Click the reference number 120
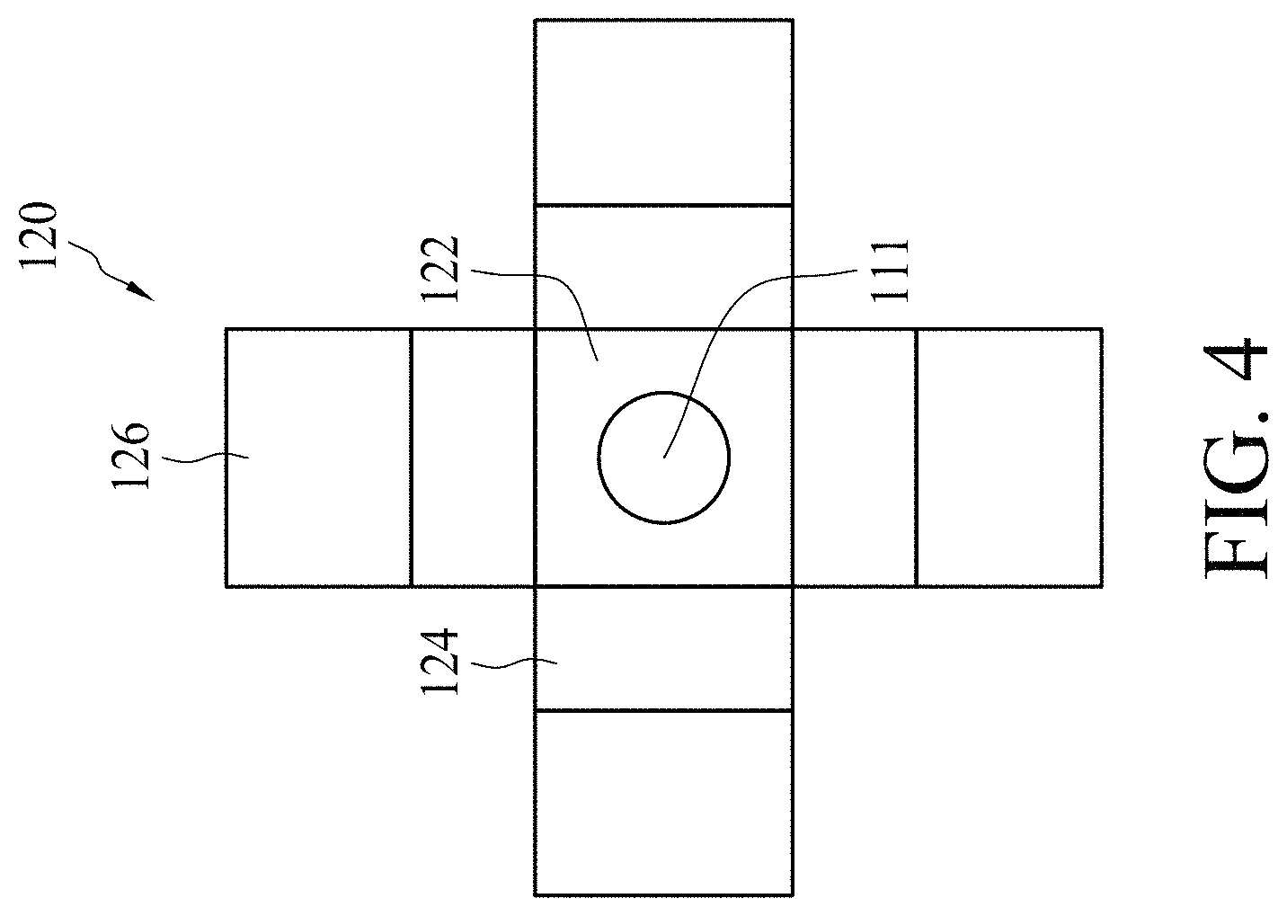pyautogui.click(x=39, y=235)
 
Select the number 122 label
pyautogui.click(x=440, y=269)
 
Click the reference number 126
pyautogui.click(x=130, y=456)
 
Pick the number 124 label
pyautogui.click(x=440, y=663)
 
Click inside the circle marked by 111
pyautogui.click(x=663, y=458)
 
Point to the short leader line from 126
pyautogui.click(x=205, y=458)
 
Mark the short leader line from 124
pyautogui.click(x=514, y=665)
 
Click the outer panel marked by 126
pyautogui.click(x=319, y=458)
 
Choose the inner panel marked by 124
pyautogui.click(x=663, y=649)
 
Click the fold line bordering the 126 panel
pyautogui.click(x=412, y=458)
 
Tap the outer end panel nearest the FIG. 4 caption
pyautogui.click(x=1009, y=458)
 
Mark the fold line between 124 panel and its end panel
pyautogui.click(x=663, y=711)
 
